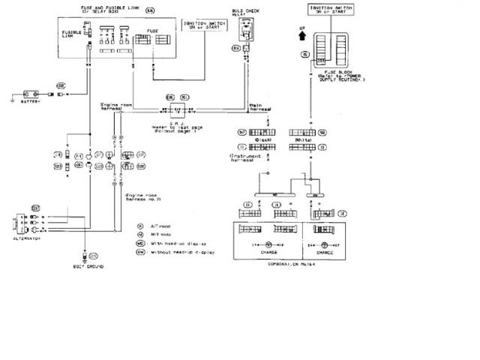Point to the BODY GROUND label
(88, 266)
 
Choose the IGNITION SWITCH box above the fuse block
(327, 10)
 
